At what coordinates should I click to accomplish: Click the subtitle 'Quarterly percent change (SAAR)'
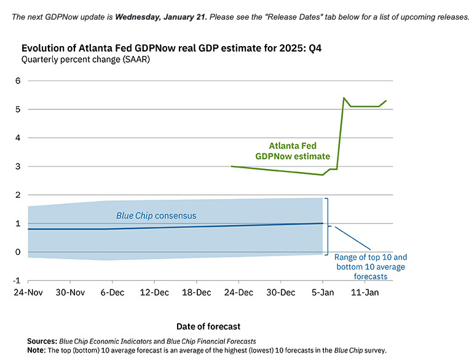[x=85, y=60]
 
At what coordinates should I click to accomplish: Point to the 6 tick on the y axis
[x=18, y=80]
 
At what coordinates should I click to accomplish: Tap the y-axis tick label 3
[x=18, y=166]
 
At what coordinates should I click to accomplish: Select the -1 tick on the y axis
[x=17, y=281]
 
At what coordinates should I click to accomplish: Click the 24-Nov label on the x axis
[x=28, y=292]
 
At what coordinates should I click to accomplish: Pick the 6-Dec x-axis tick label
[x=113, y=292]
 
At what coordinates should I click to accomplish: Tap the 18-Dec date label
[x=197, y=292]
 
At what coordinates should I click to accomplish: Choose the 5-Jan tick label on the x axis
[x=323, y=292]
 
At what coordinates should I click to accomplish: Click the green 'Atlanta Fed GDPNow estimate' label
[x=293, y=151]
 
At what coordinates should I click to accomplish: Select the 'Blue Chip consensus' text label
[x=156, y=216]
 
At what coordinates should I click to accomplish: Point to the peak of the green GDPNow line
[x=344, y=98]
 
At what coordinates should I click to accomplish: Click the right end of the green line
[x=386, y=101]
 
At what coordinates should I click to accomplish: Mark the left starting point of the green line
[x=231, y=166]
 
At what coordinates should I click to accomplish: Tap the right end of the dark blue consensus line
[x=323, y=223]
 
